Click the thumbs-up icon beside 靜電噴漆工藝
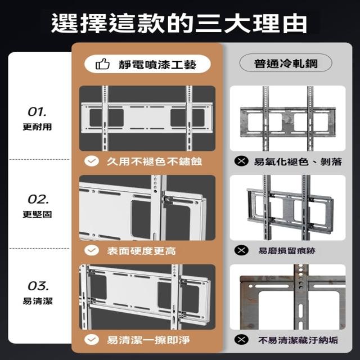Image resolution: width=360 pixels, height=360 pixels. coord(102,64)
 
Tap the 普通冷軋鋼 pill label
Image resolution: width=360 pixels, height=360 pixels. coord(286,63)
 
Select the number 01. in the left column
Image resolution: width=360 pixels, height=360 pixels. coord(37,112)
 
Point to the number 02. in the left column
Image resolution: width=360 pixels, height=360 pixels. coord(38,199)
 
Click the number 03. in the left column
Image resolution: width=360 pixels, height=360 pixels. coord(38,286)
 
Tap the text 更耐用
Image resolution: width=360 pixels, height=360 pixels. coord(37,127)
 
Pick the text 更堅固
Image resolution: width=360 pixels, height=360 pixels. coord(37,214)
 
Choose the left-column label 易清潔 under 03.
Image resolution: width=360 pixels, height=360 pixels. coord(38,301)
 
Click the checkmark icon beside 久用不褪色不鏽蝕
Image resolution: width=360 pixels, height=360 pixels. coord(92,161)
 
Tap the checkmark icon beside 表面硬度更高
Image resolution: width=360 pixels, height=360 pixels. coord(92,250)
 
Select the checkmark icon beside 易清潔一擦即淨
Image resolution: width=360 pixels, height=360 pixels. coord(92,340)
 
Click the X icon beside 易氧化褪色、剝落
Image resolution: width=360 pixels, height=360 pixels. coord(241,161)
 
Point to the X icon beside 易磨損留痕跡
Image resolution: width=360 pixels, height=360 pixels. coord(241,250)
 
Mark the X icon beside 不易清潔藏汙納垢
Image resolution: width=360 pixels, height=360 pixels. coord(241,340)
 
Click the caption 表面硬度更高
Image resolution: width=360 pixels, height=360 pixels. coord(141,251)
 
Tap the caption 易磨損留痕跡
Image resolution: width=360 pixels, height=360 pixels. coord(287,250)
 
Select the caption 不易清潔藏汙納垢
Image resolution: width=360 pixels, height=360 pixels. coord(298,340)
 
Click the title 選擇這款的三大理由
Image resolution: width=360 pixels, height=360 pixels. coord(179,24)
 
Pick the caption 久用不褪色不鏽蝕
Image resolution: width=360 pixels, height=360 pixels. coord(154,161)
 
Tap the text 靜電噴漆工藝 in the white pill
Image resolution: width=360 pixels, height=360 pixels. coord(157,65)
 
